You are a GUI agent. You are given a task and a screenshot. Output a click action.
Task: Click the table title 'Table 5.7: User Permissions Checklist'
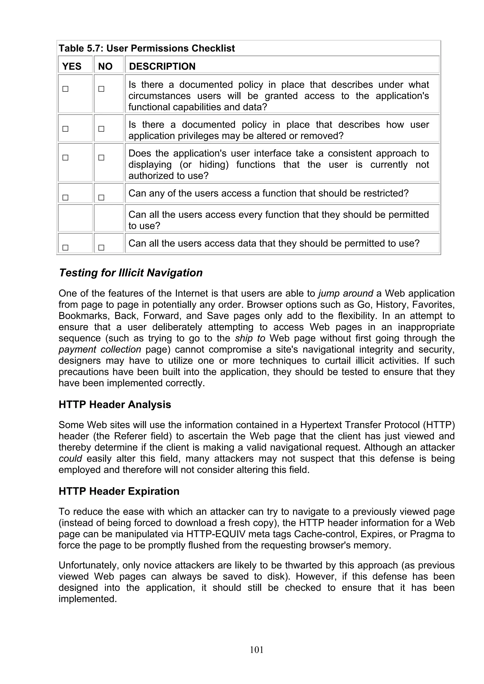pyautogui.click(x=147, y=48)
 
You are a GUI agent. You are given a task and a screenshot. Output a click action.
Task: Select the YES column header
pyautogui.click(x=72, y=66)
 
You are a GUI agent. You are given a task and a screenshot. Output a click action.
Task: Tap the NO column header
pyautogui.click(x=105, y=66)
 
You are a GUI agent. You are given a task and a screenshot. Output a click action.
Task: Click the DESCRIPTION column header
pyautogui.click(x=162, y=66)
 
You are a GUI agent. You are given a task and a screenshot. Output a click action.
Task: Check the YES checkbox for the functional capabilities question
pyautogui.click(x=65, y=89)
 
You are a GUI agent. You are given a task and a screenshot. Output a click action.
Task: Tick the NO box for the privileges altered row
pyautogui.click(x=101, y=129)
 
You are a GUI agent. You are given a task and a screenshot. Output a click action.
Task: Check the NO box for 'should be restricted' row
pyautogui.click(x=101, y=198)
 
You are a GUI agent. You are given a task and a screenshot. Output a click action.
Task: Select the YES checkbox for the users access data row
pyautogui.click(x=65, y=248)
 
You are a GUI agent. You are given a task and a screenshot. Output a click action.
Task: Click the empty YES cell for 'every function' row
pyautogui.click(x=75, y=218)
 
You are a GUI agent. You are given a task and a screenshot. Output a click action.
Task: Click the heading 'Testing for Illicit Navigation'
pyautogui.click(x=131, y=273)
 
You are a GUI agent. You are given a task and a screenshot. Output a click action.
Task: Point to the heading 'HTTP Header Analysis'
pyautogui.click(x=115, y=404)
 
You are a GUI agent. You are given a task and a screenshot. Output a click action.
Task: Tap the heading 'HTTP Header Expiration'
pyautogui.click(x=119, y=491)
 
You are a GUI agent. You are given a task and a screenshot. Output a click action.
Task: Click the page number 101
pyautogui.click(x=256, y=650)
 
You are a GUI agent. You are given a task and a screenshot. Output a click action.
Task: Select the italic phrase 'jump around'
pyautogui.click(x=346, y=293)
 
